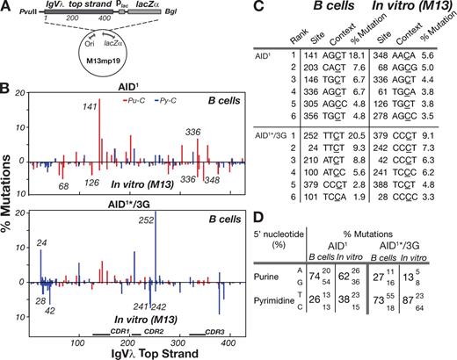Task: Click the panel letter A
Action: [7, 8]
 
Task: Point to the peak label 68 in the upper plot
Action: [63, 185]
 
